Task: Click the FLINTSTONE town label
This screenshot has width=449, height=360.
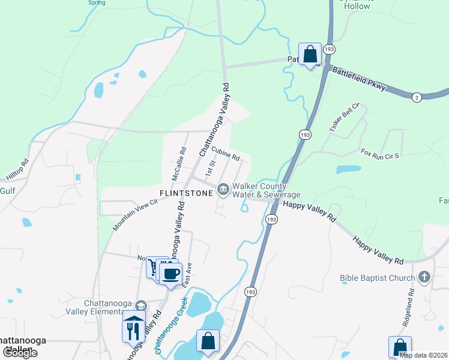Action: pyautogui.click(x=186, y=193)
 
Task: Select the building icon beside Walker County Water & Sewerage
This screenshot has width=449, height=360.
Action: pyautogui.click(x=223, y=190)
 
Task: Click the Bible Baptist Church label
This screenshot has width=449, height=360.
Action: pyautogui.click(x=377, y=278)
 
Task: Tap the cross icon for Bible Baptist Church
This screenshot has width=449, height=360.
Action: pyautogui.click(x=424, y=277)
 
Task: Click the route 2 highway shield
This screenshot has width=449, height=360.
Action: pyautogui.click(x=415, y=97)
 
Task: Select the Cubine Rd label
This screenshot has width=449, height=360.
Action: pyautogui.click(x=225, y=154)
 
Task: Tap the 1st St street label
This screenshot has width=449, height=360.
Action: pyautogui.click(x=209, y=168)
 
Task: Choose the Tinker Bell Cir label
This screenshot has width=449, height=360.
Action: pyautogui.click(x=343, y=118)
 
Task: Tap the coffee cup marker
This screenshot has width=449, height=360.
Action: pyautogui.click(x=170, y=272)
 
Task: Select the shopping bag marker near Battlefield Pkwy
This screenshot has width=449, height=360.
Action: pyautogui.click(x=310, y=54)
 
